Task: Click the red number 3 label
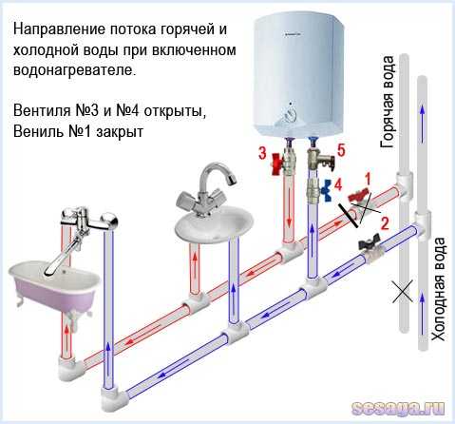pos(262,153)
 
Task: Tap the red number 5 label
pos(341,150)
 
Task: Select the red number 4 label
pos(338,185)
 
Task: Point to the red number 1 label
pos(368,179)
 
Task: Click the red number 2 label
pos(384,223)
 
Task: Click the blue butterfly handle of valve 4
pos(326,190)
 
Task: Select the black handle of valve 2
pos(369,241)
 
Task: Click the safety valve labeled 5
pos(320,158)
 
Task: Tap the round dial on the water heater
pos(290,114)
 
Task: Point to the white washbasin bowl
pos(215,224)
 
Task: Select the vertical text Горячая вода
pos(388,103)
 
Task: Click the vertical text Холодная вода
pos(438,289)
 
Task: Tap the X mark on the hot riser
pos(403,291)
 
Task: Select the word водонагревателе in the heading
pos(75,70)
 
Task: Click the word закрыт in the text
pos(120,131)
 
